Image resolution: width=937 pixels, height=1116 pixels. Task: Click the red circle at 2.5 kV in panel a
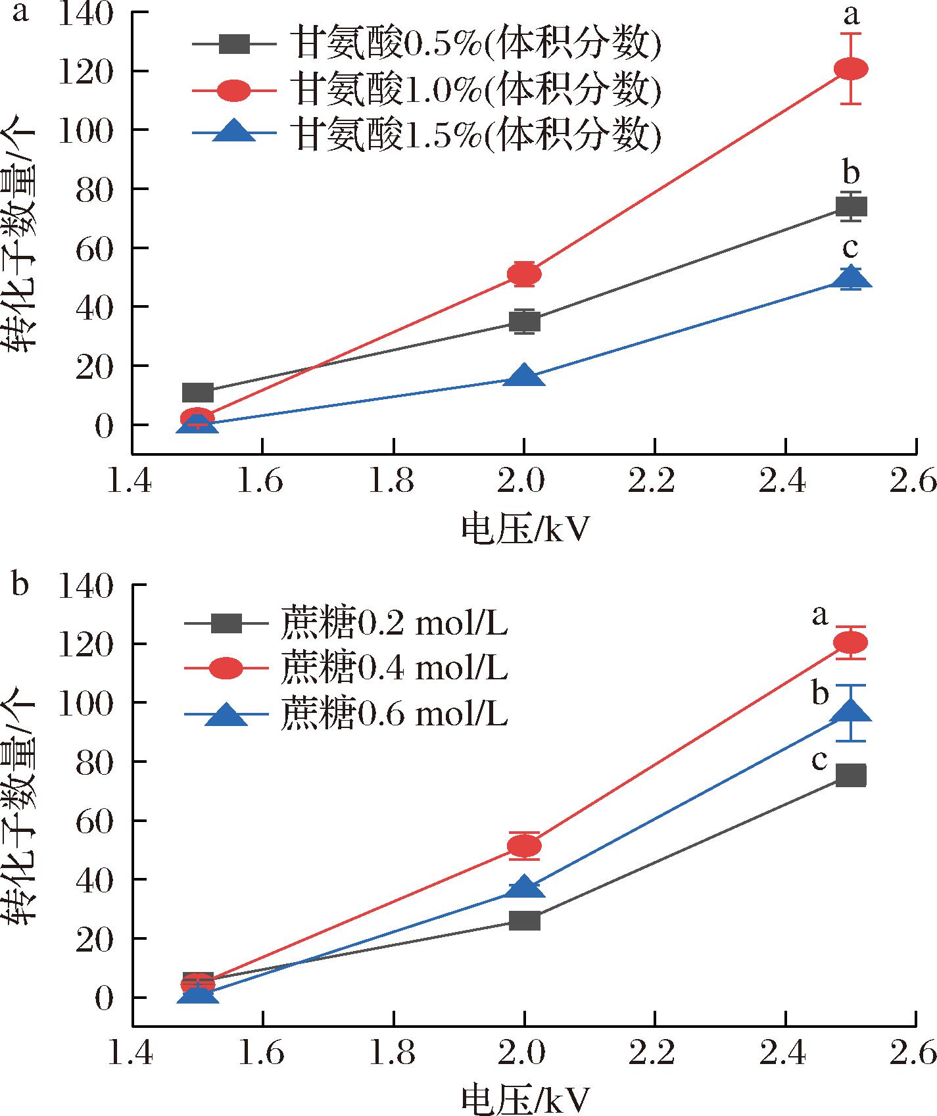851,68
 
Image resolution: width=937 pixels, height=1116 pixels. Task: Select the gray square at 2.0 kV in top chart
524,321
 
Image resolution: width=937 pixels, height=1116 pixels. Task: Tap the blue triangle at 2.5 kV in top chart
851,279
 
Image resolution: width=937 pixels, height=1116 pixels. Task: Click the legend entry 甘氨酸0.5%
427,45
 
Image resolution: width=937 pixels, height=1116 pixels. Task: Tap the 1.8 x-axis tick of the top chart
393,482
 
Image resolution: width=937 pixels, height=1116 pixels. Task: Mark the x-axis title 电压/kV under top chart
524,529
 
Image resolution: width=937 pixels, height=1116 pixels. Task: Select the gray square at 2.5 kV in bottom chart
851,775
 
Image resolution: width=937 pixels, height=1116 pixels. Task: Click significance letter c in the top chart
851,248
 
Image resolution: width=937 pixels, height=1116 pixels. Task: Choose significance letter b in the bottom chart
819,693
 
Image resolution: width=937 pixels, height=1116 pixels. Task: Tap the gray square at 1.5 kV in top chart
197,393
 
